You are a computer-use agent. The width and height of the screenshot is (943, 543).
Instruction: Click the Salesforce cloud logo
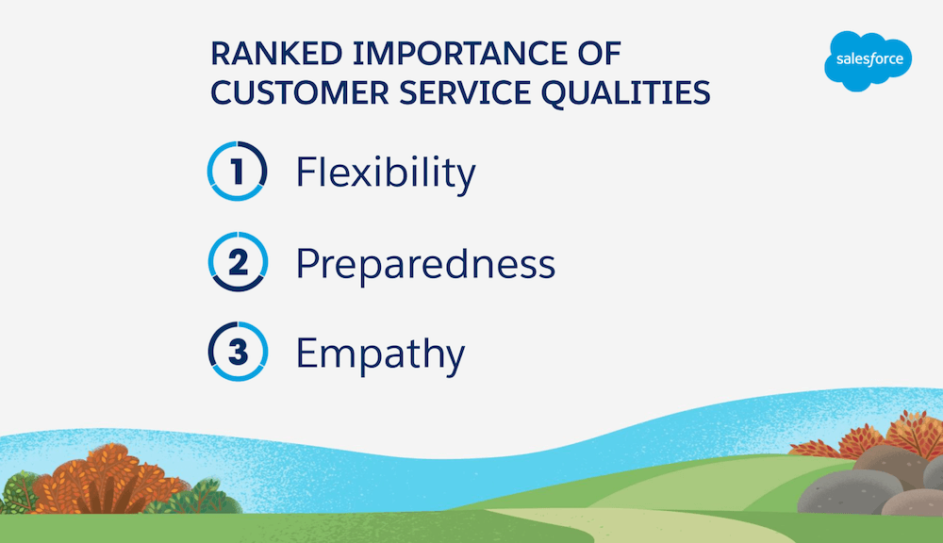pos(868,60)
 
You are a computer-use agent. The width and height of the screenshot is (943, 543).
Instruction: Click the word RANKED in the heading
pos(276,54)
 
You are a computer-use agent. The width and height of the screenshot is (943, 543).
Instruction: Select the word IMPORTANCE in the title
pos(460,54)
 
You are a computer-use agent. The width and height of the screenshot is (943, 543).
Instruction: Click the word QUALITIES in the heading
pos(626,93)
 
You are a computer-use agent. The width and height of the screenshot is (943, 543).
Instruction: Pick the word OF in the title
pos(599,54)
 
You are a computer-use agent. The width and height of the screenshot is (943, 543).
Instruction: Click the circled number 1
pos(238,171)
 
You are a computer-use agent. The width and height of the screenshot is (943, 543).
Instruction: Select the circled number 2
pos(238,261)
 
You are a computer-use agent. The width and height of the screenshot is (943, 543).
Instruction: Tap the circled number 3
pos(238,352)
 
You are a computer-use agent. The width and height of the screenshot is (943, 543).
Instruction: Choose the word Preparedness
pos(425,264)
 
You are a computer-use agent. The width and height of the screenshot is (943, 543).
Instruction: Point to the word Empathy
pos(380,354)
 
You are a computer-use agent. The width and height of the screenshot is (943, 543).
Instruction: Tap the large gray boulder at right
pos(849,492)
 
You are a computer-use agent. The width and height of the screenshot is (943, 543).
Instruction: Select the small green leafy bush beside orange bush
pos(198,497)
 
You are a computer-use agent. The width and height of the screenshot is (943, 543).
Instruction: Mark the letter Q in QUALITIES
pos(555,94)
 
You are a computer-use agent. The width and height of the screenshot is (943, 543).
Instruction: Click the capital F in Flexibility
pos(306,172)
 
